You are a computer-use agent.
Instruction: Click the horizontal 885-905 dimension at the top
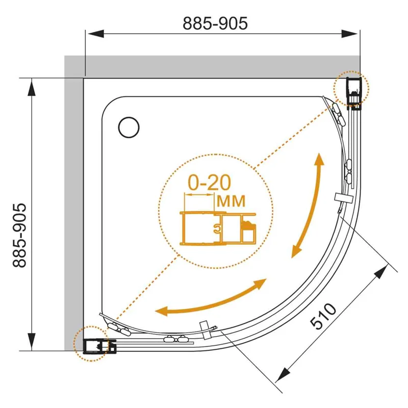coord(215,23)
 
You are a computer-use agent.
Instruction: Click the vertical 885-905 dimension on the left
coord(19,236)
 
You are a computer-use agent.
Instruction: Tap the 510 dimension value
coord(323,316)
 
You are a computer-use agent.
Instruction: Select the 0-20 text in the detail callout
coord(209,183)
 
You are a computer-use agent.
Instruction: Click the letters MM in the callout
coord(231,201)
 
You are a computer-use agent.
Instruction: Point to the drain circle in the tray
coord(129,127)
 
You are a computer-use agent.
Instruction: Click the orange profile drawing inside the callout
coord(218,228)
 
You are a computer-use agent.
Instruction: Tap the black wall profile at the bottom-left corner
coord(99,346)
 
